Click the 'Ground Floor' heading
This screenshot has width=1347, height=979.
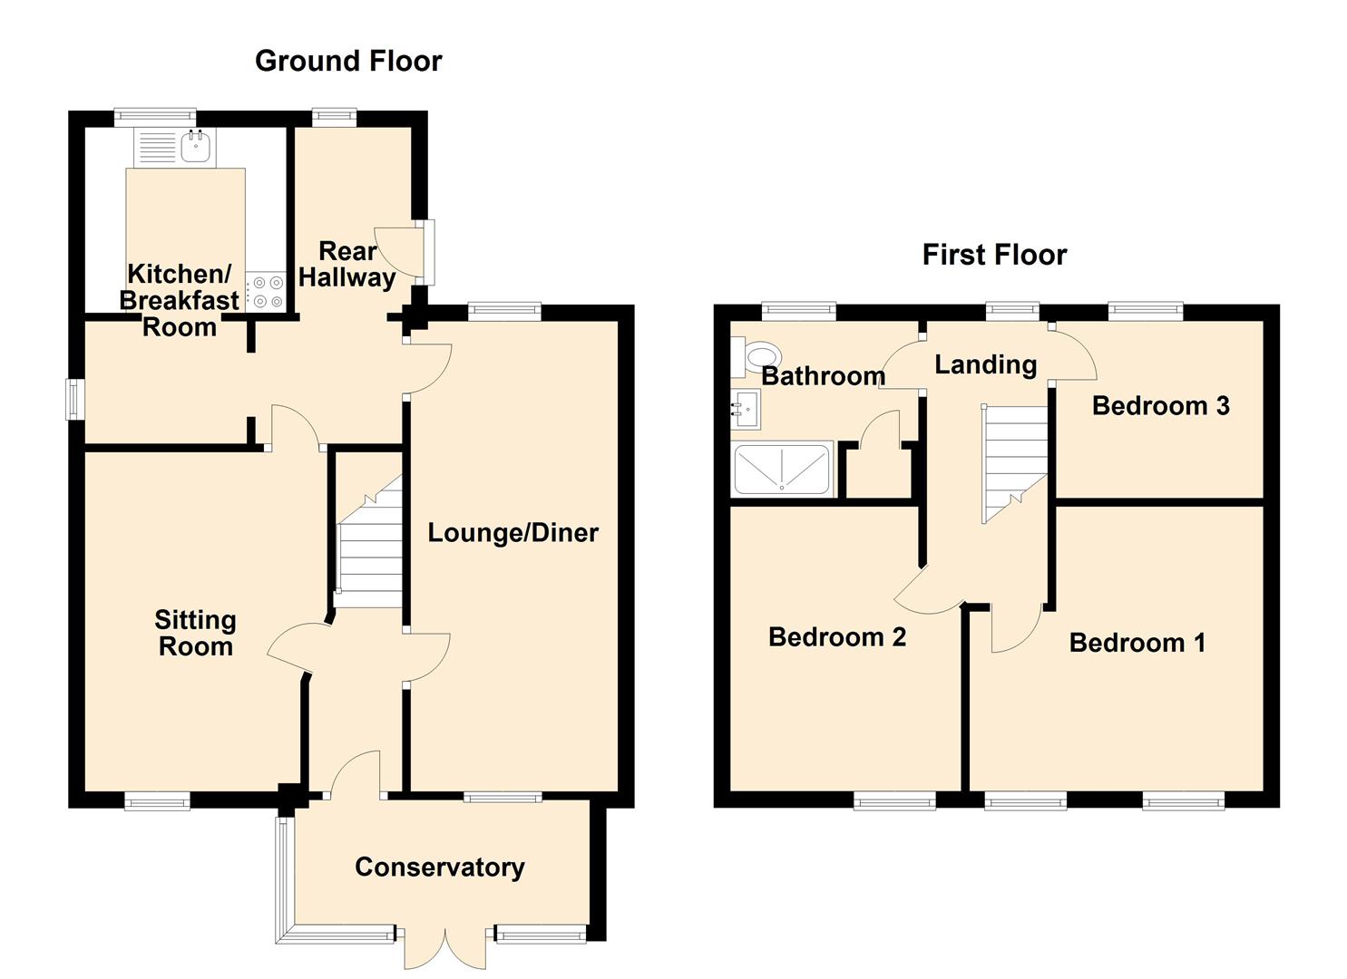click(x=348, y=62)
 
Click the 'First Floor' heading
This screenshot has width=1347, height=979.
click(x=995, y=255)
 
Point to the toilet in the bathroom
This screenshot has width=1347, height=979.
click(x=756, y=357)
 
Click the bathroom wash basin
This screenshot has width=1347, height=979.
click(x=746, y=409)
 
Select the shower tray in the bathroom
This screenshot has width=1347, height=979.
click(x=782, y=470)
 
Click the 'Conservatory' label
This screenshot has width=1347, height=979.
click(x=440, y=868)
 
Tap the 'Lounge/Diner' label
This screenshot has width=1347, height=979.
click(x=512, y=533)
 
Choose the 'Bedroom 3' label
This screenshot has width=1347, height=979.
click(x=1160, y=406)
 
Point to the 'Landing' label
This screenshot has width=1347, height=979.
click(x=986, y=364)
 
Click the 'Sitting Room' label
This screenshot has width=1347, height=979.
click(x=195, y=634)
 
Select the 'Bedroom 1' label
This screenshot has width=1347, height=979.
click(x=1137, y=643)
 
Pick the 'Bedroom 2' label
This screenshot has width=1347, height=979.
click(x=837, y=637)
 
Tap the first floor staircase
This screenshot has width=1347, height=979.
click(x=1014, y=463)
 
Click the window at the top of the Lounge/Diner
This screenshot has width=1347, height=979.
click(x=504, y=310)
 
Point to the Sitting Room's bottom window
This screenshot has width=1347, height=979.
click(x=158, y=800)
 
